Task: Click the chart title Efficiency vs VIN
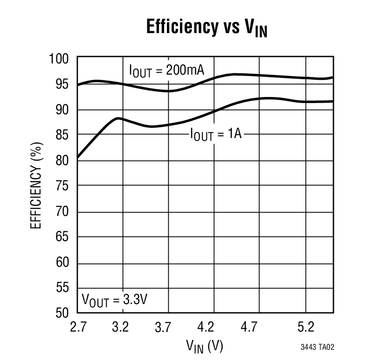[207, 28]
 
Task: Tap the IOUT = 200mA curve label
[166, 71]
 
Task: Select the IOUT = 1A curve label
[215, 135]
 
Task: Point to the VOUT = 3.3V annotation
[114, 299]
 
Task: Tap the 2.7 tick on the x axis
[77, 328]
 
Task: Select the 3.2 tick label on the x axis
[121, 328]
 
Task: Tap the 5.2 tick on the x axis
[306, 328]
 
